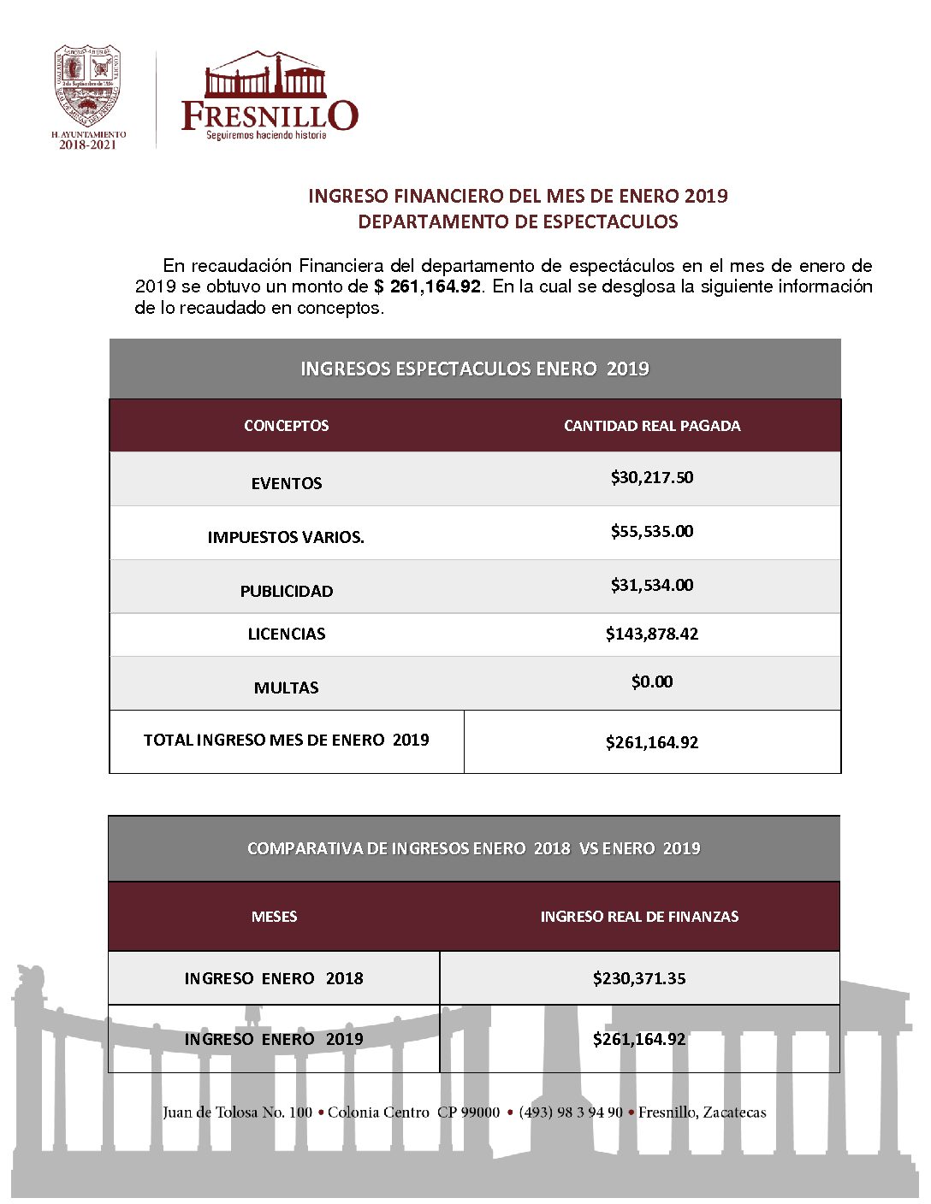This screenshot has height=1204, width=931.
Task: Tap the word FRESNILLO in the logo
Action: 270,115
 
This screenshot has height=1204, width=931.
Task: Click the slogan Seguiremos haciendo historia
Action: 266,135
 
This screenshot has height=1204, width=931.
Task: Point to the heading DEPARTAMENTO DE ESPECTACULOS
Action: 518,221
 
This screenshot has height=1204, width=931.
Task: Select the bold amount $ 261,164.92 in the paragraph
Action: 428,286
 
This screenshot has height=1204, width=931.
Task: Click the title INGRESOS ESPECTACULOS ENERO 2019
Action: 475,369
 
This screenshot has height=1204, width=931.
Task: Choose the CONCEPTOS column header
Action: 286,426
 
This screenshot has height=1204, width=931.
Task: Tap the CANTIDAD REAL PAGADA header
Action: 652,426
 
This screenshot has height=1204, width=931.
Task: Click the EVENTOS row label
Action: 287,483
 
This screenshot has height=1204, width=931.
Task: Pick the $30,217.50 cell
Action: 652,477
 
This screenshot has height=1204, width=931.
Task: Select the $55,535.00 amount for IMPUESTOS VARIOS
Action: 652,531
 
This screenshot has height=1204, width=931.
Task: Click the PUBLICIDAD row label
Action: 287,591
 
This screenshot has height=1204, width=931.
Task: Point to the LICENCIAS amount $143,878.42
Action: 652,634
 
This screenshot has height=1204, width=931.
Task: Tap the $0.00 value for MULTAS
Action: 652,682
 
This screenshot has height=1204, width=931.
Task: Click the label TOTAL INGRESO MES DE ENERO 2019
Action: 287,740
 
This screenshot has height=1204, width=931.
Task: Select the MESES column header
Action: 274,917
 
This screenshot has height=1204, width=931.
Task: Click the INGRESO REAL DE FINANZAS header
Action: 639,917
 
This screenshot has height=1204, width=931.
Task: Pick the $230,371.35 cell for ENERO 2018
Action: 639,978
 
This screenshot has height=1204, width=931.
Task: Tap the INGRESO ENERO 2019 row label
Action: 274,1039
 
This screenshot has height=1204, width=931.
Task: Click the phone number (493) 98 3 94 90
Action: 571,1113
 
